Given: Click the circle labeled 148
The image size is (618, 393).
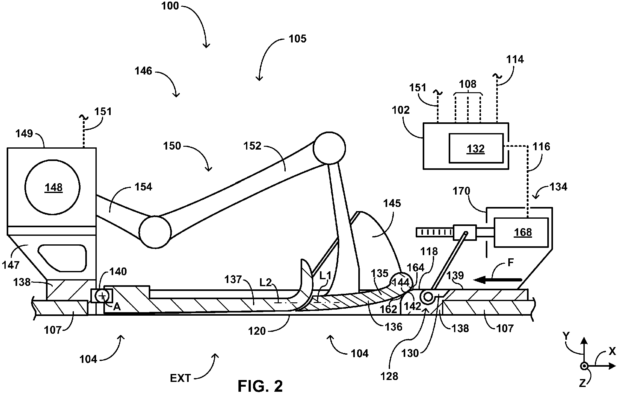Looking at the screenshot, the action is click(x=53, y=187).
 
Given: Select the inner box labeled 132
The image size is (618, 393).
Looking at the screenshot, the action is click(x=476, y=148).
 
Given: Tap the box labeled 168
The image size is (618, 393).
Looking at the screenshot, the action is click(x=521, y=232).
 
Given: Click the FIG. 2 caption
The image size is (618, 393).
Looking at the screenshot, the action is click(x=260, y=385).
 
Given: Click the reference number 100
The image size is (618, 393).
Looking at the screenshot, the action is click(x=170, y=6).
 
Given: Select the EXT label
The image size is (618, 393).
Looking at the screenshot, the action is click(x=180, y=378).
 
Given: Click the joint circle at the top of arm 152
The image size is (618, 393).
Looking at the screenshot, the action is click(x=329, y=148).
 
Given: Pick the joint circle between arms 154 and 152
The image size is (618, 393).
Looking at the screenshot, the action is click(x=155, y=232).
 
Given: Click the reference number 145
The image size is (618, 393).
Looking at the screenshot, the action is click(x=392, y=203).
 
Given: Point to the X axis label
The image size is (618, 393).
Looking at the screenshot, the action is click(x=612, y=351).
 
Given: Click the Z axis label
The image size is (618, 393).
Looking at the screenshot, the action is click(x=582, y=383).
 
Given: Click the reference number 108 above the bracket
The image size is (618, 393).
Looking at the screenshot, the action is click(x=468, y=84).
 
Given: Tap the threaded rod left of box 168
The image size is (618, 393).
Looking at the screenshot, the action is click(x=435, y=233).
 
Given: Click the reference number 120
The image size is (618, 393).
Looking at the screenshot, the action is click(x=257, y=331).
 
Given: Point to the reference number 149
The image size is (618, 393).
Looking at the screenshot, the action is click(x=24, y=133).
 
